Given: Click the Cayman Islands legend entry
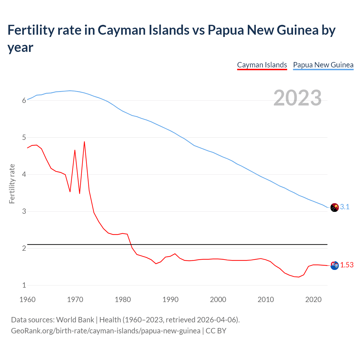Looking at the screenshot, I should click(x=262, y=65).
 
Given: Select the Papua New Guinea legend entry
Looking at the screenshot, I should click(x=323, y=65).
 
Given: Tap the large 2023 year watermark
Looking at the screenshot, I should click(x=298, y=98).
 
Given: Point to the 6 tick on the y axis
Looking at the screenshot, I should click(x=24, y=101).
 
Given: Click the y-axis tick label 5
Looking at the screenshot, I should click(x=24, y=138).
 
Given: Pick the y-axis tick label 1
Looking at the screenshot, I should click(x=24, y=285).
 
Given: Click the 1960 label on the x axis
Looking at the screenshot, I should click(x=27, y=300).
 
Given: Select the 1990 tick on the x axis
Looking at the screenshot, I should click(x=170, y=300).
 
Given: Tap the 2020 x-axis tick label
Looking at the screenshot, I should click(x=313, y=300).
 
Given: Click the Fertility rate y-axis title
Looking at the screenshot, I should click(x=12, y=184).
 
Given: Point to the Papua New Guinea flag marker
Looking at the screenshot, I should click(x=334, y=207).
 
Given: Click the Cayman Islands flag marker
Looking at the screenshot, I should click(x=334, y=265).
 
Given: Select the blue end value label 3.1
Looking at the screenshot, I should click(x=345, y=207).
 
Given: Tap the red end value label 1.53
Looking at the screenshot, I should click(x=347, y=265).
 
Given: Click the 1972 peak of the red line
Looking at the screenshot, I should click(x=84, y=142).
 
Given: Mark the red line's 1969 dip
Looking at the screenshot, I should click(x=70, y=192).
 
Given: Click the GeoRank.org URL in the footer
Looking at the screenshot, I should click(x=105, y=331).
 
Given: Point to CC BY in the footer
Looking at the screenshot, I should click(x=216, y=331).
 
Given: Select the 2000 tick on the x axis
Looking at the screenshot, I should click(x=218, y=300).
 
